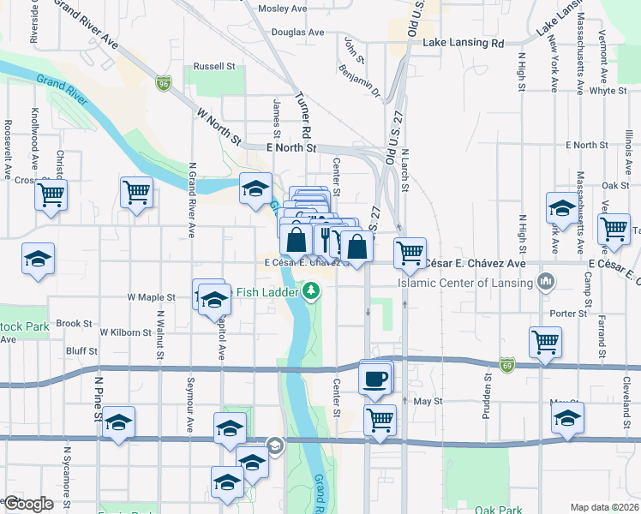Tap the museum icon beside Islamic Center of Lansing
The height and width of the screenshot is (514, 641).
coord(545,282)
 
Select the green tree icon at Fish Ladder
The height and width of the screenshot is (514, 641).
coord(312,292)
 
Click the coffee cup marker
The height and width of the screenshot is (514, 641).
coord(374,380)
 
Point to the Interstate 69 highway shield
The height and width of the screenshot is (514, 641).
coord(507,364)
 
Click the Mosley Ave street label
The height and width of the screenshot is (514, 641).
coord(283,9)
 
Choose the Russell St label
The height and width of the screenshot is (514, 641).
coord(213,66)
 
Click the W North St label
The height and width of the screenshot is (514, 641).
coord(220,125)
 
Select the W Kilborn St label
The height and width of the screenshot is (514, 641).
coord(127,332)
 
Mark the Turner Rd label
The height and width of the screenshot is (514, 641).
coord(301,117)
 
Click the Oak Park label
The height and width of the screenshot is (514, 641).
coord(500,511)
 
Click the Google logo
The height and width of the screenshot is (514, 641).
coord(27,504)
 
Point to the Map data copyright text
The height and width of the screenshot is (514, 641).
coord(604,507)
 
